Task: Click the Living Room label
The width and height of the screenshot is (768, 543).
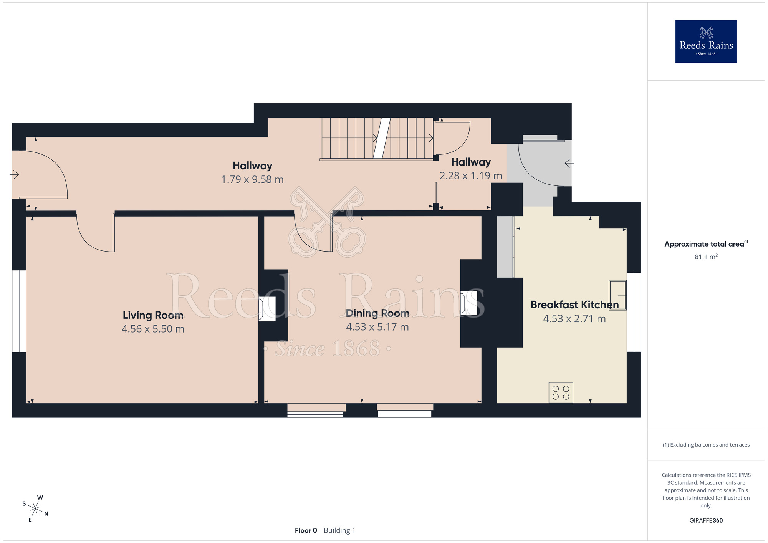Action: coord(153,315)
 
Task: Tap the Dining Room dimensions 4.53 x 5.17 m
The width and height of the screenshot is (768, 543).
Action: coord(377,327)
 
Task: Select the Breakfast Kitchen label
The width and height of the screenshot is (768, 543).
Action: coord(574,305)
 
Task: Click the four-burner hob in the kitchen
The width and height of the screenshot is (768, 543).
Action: coord(561,392)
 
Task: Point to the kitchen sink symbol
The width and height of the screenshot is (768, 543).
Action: coord(617,295)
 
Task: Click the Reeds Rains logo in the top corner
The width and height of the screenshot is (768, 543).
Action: coord(706,41)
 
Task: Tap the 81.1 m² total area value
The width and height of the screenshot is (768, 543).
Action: coord(706,257)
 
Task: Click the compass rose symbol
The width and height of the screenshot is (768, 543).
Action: coord(35,509)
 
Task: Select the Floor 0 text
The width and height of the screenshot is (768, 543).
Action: coord(306,530)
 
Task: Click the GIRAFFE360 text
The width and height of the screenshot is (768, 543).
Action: coord(706,521)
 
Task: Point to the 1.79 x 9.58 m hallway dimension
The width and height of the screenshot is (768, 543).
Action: coord(252,180)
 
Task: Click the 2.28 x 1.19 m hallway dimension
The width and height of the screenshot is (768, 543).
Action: coord(471,176)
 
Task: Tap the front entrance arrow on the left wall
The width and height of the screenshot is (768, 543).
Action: coord(14,175)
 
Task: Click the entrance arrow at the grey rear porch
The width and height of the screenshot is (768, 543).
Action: coord(569,163)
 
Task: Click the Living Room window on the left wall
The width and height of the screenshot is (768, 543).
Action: coord(19,311)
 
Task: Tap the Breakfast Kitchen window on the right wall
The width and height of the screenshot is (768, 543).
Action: coord(634,312)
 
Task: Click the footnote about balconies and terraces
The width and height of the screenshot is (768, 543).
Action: coord(706,445)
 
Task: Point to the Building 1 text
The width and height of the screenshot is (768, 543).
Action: coord(339,530)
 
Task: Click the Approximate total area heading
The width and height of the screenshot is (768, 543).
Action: coord(706,244)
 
